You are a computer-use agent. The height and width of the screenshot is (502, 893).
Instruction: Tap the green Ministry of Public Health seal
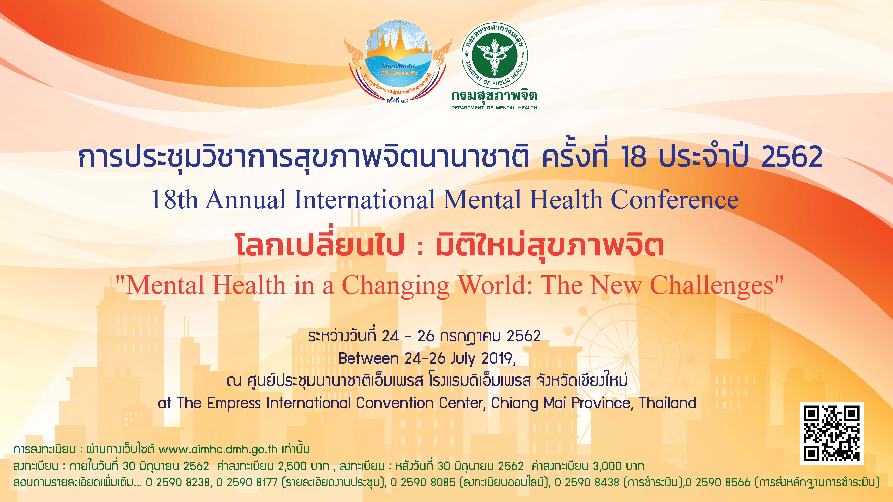coord(495,55)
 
